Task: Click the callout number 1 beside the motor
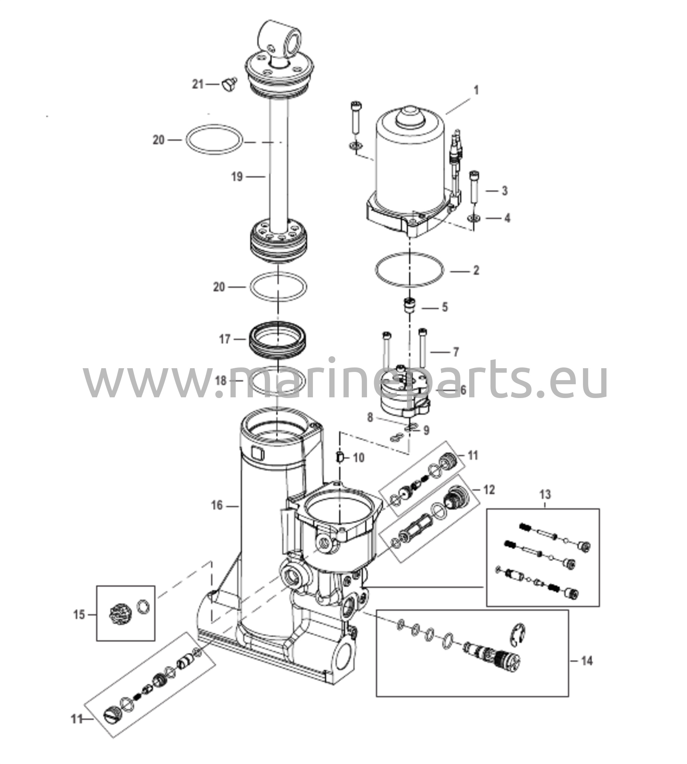pyautogui.click(x=476, y=90)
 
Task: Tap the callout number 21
pyautogui.click(x=198, y=84)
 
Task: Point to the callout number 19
pyautogui.click(x=237, y=176)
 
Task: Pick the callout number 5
pyautogui.click(x=445, y=307)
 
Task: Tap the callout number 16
pyautogui.click(x=217, y=505)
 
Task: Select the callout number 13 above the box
pyautogui.click(x=545, y=494)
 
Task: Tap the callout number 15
pyautogui.click(x=79, y=615)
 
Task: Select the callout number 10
pyautogui.click(x=358, y=458)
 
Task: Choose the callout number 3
pyautogui.click(x=505, y=191)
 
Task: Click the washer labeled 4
pyautogui.click(x=473, y=218)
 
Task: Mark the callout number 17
pyautogui.click(x=225, y=339)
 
